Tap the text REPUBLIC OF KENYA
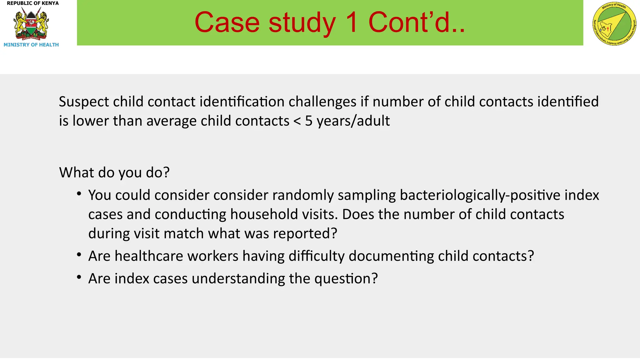pos(32,3)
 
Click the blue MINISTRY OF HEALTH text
pos(31,45)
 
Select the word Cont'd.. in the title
pos(417,22)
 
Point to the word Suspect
pos(84,102)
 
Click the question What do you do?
pos(114,172)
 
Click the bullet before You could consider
pos(79,194)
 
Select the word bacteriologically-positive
pos(480,195)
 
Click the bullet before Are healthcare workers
pos(79,255)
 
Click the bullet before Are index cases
pos(79,277)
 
